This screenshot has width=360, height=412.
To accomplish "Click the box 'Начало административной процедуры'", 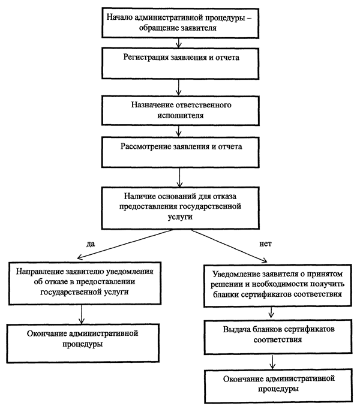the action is pos(181,23).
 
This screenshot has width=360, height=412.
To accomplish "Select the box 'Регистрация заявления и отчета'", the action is pos(181,64).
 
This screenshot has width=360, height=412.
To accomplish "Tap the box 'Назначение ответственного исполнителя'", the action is pos(181,110).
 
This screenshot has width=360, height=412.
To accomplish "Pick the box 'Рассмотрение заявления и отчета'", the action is pos(181,152).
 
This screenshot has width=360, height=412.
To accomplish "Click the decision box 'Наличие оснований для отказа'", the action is pos(181,208).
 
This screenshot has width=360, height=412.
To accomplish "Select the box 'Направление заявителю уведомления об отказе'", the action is pos(85,283).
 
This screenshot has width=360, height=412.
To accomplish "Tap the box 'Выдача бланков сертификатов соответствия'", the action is pos(278,337).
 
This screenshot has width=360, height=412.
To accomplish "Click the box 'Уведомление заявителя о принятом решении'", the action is pos(277,285).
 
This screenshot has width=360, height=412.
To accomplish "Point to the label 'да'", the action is pos(91,244).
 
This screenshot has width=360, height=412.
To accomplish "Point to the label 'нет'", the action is pos(265,244).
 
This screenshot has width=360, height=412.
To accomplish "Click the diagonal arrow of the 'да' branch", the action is pos(125,244).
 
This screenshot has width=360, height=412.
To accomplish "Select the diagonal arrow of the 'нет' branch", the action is pos(229,246).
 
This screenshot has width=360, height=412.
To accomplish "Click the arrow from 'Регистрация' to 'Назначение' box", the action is pos(179,87).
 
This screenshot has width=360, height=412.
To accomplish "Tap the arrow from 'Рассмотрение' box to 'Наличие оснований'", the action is pos(179,178).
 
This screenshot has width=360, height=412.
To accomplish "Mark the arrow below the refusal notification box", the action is pos(82,314).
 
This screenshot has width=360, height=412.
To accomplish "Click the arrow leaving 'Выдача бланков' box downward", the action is pos(272,362).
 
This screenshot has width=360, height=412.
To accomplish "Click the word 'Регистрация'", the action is pos(146,58).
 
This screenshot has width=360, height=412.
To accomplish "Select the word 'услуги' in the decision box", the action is pos(180,217).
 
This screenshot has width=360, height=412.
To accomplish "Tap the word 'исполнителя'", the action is pos(181,116).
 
